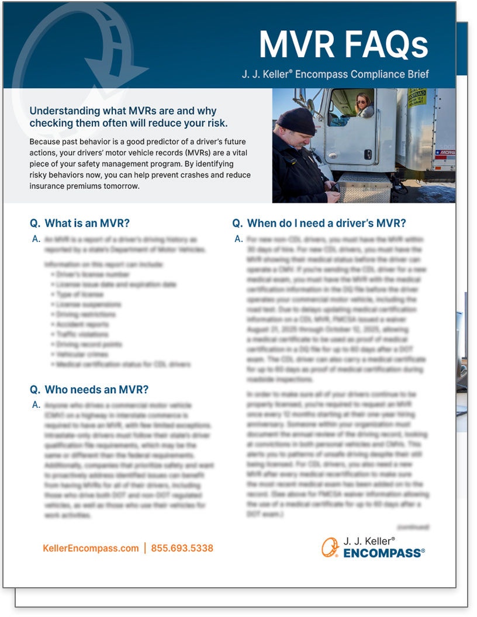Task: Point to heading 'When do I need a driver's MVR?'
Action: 326,223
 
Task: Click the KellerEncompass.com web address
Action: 91,548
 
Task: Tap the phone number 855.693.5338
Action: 182,548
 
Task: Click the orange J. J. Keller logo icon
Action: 330,547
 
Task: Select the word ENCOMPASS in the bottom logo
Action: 383,553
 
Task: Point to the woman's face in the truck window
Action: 362,105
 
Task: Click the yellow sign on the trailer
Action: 417,97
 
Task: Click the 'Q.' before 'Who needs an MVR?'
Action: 35,390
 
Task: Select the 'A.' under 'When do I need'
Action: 238,239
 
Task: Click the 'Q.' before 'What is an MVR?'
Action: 35,223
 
